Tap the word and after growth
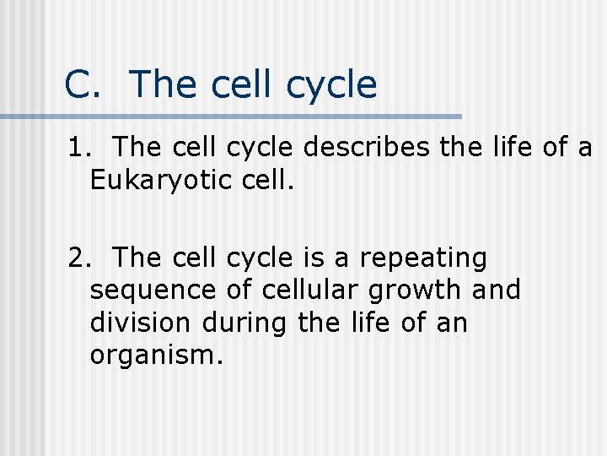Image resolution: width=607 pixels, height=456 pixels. pos(497,290)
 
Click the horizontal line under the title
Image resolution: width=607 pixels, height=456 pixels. pos(232,116)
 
